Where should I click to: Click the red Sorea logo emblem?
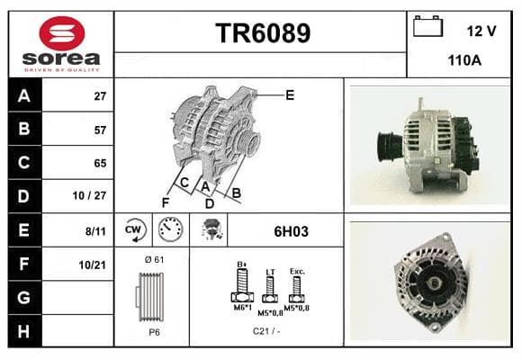[62, 33]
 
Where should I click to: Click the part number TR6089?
[263, 33]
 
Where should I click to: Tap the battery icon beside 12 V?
[427, 26]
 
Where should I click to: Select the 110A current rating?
[464, 60]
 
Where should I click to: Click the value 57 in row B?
[100, 130]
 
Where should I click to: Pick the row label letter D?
[23, 196]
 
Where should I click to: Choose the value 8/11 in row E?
[95, 231]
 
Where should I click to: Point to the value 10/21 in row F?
[92, 265]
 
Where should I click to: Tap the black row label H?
[23, 331]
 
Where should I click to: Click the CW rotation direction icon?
[134, 229]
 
